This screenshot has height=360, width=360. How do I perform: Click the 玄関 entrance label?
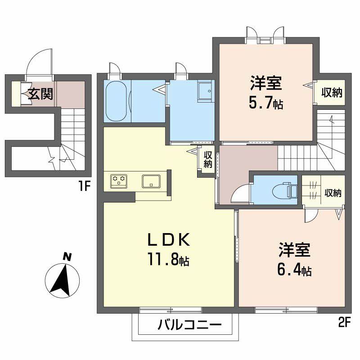(x=40, y=94)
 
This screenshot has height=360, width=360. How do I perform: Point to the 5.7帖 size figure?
(x=265, y=103)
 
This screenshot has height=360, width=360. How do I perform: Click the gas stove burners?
(x=119, y=181)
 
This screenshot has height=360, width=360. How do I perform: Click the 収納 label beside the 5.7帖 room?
(x=332, y=93)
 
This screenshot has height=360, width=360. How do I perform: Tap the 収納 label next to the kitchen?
(x=207, y=159)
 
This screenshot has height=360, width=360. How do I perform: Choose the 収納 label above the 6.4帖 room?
(x=333, y=193)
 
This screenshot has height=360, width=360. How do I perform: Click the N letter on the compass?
(x=67, y=257)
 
